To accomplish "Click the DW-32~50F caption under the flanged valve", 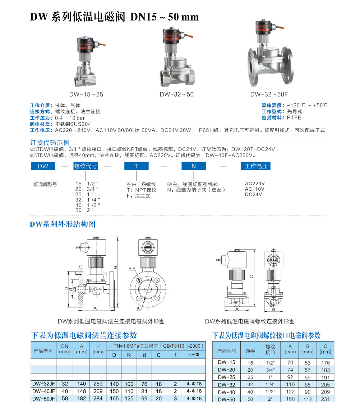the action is pyautogui.click(x=269, y=94).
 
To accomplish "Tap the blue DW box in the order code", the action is pyautogui.click(x=43, y=166).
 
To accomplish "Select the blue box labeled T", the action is pyautogui.click(x=136, y=166).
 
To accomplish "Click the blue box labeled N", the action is pyautogui.click(x=193, y=166).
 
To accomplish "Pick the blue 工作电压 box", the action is pyautogui.click(x=256, y=166).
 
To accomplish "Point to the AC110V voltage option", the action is pyautogui.click(x=255, y=189).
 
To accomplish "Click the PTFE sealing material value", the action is pyautogui.click(x=294, y=117).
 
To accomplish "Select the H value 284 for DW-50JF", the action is pyautogui.click(x=98, y=399).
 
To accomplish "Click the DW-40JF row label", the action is pyautogui.click(x=43, y=391).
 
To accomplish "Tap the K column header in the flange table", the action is pyautogui.click(x=129, y=355).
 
